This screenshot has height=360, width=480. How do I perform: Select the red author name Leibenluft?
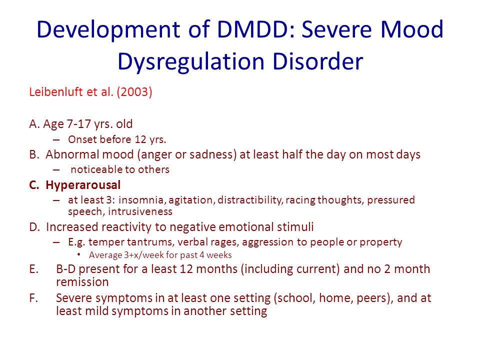click(x=56, y=92)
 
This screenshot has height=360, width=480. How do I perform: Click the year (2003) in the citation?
click(x=134, y=92)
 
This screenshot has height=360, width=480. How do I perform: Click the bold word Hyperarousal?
click(x=83, y=185)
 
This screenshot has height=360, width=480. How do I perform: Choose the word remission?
click(x=82, y=282)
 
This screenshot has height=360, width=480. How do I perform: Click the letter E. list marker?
click(x=33, y=269)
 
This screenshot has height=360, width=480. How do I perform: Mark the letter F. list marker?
click(x=33, y=298)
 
